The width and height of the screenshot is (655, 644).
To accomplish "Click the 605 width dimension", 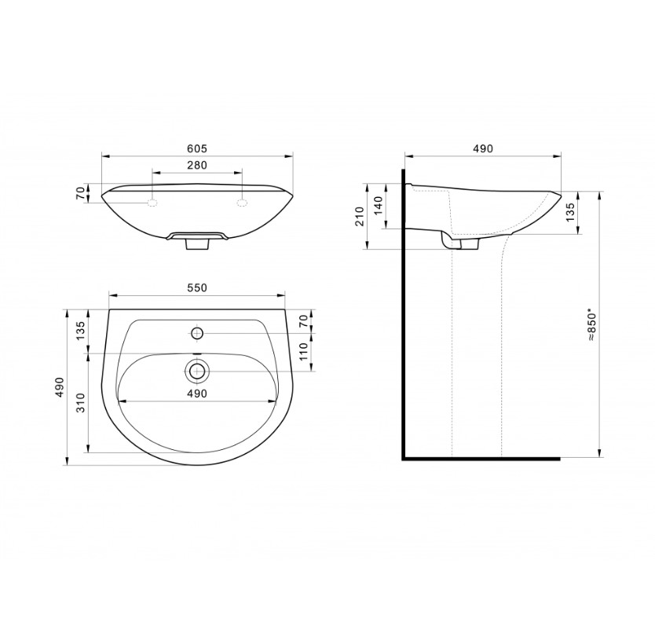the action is [x=197, y=148].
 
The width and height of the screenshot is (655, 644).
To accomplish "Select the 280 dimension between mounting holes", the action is [x=197, y=165].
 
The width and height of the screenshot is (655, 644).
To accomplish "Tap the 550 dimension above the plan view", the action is [x=197, y=287].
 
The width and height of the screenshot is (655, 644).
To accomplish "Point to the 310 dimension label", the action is [x=81, y=403].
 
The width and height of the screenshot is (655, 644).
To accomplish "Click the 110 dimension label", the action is [x=304, y=352].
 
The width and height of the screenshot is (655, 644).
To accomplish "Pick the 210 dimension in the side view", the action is [x=360, y=216].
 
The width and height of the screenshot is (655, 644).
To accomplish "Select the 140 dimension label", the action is [x=379, y=206].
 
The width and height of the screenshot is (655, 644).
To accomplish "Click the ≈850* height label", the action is [x=591, y=325].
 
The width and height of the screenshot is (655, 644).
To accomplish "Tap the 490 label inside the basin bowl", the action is [x=197, y=393].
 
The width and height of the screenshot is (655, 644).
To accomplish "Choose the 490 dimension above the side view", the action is [x=483, y=148].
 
